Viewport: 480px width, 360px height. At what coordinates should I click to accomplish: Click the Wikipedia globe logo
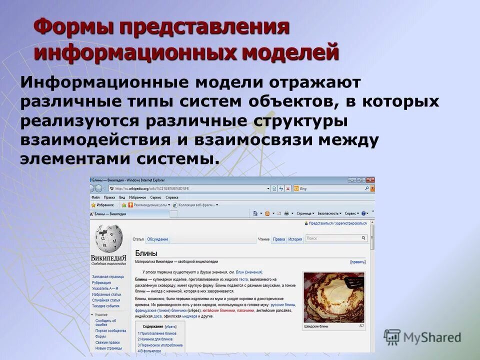pos(108,239)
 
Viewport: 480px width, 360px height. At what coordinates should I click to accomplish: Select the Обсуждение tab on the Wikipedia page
pos(157,239)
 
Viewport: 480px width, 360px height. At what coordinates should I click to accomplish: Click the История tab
pos(295,239)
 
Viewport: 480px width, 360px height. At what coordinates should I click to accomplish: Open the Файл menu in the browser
pos(95,197)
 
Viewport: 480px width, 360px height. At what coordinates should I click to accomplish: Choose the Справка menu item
pos(171,197)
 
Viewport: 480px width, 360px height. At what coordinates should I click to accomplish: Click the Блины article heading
pos(146,253)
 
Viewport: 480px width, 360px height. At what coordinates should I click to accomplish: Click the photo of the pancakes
pos(333,297)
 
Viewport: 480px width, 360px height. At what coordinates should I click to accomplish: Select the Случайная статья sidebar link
pos(106,300)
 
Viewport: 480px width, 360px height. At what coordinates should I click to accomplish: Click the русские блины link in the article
pos(283,304)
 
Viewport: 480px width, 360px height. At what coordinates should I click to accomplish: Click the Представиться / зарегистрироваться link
pos(338,223)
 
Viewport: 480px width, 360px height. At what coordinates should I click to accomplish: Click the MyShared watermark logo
pos(423,337)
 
